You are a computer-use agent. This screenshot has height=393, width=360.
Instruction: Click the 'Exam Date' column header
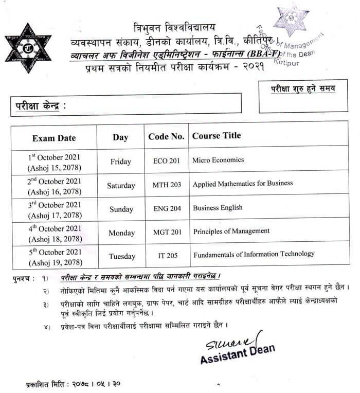[54, 138]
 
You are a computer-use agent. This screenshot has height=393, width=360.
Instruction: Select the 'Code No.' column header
[166, 137]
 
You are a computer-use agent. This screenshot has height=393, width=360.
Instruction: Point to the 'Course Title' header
[217, 136]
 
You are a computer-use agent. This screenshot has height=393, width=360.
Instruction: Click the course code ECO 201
[167, 161]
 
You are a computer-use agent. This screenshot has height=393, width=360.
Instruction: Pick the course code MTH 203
[167, 185]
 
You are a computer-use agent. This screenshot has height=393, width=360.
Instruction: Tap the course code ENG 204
[167, 209]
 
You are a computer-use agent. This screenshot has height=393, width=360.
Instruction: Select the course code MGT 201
[167, 233]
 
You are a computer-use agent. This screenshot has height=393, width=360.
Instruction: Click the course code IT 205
[167, 256]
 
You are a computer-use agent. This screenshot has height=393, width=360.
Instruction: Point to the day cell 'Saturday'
[121, 186]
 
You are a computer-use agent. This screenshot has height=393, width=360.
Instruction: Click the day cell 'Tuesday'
[122, 256]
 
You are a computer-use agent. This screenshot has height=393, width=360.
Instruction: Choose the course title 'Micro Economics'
[218, 160]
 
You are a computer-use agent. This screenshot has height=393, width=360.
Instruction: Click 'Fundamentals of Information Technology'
[254, 254]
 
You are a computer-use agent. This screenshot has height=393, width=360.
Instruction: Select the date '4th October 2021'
[54, 228]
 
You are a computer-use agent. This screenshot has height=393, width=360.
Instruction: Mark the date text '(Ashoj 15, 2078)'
[54, 168]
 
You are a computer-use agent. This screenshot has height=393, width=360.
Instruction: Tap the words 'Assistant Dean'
[238, 356]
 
